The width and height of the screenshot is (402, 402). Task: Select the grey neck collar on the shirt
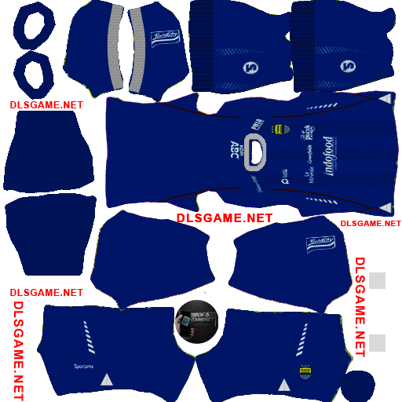[x=254, y=153]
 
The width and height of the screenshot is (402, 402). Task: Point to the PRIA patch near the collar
[x=256, y=123]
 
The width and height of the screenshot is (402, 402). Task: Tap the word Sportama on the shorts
[x=84, y=366]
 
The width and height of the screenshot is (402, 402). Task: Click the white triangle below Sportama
[x=106, y=379]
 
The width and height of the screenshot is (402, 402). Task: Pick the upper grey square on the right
[x=378, y=281]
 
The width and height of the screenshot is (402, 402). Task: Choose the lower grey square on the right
[x=378, y=342]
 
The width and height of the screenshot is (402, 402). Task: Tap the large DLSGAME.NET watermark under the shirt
[x=225, y=217]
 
